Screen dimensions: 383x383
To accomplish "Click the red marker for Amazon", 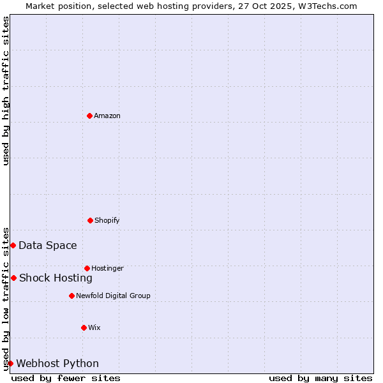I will [89, 116].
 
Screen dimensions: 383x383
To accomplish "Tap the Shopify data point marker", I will [90, 220].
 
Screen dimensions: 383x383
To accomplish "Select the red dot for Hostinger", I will [87, 268].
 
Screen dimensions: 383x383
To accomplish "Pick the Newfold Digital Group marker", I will [71, 296].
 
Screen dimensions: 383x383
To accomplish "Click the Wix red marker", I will [84, 327].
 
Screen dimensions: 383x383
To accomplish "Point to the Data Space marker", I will [13, 245].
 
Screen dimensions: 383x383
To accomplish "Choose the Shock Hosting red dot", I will [13, 278].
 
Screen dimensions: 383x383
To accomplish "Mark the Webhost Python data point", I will [10, 363].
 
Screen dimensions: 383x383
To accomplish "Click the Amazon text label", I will [107, 116].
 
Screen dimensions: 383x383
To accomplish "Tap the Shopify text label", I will [107, 220].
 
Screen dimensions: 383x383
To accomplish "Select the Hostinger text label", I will [107, 268].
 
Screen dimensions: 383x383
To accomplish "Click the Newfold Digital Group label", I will [113, 296].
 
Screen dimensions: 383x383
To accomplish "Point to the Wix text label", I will [94, 327].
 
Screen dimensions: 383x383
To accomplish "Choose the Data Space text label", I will [48, 245].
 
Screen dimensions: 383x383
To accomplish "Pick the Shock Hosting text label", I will [56, 278].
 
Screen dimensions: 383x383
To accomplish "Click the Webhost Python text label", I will [57, 363].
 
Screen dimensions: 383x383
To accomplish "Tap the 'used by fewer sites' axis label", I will [66, 378].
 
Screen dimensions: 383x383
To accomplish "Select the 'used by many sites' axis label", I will [320, 378].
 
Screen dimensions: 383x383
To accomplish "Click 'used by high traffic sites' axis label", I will [6, 91].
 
